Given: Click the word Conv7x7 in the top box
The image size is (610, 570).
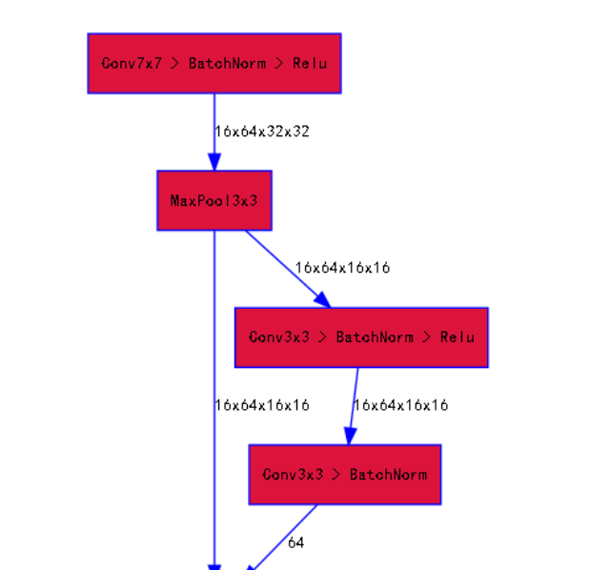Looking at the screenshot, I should pos(132,64).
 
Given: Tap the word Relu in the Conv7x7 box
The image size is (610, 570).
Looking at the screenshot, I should pos(309,64).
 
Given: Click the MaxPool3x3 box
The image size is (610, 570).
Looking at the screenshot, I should pos(214,201).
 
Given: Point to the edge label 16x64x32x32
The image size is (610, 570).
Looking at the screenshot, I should pos(262,132).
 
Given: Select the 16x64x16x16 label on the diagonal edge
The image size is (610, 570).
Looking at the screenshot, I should pos(342,268).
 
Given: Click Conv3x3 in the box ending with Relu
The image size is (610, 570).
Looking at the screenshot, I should pos(279,337).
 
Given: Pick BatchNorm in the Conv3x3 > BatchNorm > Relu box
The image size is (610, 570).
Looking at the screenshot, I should pos(375,337).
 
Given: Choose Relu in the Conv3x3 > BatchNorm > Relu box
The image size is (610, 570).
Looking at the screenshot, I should pos(457,337).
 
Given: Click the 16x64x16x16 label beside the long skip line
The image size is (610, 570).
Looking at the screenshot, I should pos(262,405).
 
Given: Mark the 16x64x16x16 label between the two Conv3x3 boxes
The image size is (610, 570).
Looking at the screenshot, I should pos(400,405).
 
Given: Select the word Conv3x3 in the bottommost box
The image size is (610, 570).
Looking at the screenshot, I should pos(293,475).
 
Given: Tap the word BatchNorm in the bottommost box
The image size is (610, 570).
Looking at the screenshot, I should pos(388,475).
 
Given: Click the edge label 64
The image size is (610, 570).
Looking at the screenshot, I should pos(295,542).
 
